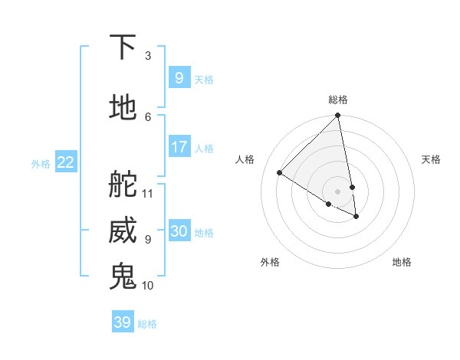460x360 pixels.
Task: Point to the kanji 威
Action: tap(123, 231)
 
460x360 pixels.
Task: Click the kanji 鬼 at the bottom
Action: tap(123, 276)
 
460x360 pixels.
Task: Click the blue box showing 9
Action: tap(179, 78)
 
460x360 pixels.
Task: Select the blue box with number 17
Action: tap(179, 147)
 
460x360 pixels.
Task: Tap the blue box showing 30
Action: tap(179, 231)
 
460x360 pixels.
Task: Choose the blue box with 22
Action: tap(66, 162)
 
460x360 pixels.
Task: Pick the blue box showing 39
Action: tap(123, 322)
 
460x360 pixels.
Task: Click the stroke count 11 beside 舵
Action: tap(148, 193)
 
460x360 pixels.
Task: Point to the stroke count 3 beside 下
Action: tap(148, 56)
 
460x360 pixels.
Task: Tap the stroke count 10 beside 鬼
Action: tap(148, 285)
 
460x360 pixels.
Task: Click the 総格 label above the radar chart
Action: tap(338, 100)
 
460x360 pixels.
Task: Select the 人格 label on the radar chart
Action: tap(245, 159)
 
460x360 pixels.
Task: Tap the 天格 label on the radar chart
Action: tap(431, 159)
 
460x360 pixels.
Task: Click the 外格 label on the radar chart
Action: tap(270, 262)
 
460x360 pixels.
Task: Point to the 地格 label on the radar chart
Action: tap(402, 262)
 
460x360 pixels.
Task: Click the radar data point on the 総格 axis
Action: tap(338, 116)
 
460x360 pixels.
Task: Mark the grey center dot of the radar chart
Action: tap(338, 191)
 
